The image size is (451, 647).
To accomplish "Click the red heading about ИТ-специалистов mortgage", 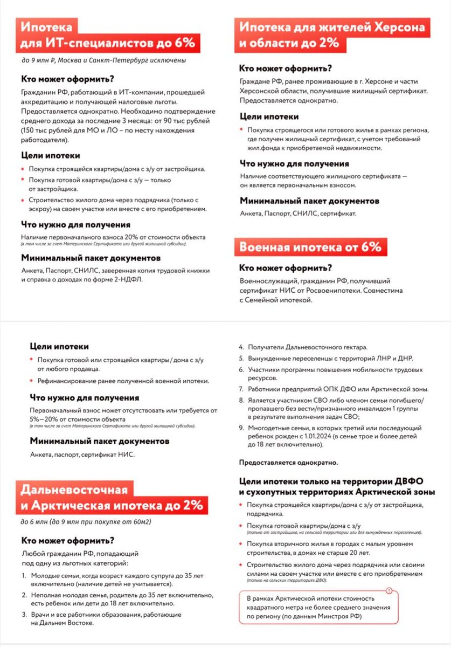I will (108, 35).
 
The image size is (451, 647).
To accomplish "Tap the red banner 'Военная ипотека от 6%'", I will (310, 247).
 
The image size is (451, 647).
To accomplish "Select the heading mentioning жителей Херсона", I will (331, 35).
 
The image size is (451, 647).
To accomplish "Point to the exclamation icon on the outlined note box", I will (390, 591).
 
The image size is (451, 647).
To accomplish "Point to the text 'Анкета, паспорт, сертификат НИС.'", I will (82, 455).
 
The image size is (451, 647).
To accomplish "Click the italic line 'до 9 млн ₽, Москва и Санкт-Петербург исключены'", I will (103, 60).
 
